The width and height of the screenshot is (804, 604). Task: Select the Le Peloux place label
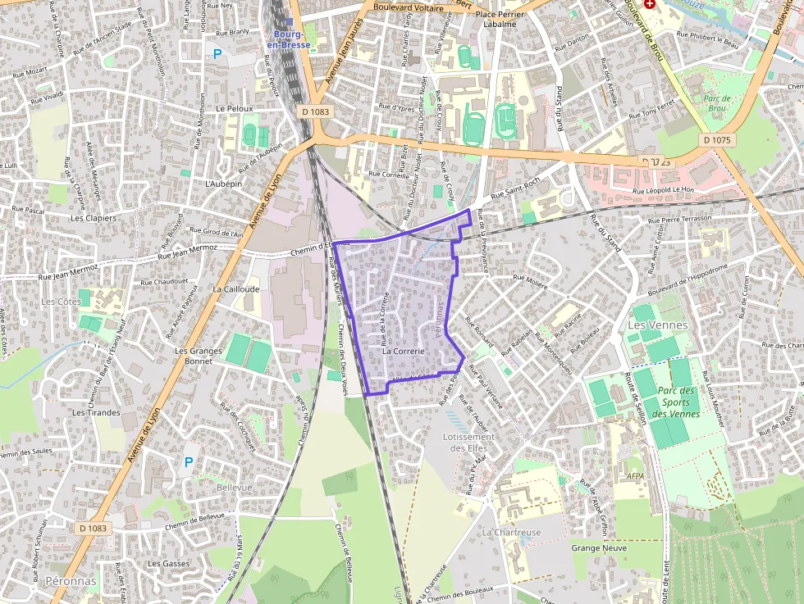point(235,108)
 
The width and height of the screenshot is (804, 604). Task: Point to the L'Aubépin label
point(223,184)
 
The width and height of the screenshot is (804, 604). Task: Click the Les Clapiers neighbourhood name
point(94,219)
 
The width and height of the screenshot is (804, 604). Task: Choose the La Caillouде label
point(235,289)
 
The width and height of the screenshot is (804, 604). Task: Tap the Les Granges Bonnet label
point(199,356)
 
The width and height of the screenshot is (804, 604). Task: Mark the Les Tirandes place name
point(96,412)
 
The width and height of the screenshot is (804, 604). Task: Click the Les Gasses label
point(168,564)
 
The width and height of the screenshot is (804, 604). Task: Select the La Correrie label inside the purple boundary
point(404,351)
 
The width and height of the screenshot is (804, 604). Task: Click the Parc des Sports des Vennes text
point(676,402)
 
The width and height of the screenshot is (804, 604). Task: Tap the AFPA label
point(635,475)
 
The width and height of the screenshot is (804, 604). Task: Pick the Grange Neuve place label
point(599,547)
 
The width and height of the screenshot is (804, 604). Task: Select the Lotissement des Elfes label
point(469,443)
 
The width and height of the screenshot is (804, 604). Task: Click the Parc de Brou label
point(717,103)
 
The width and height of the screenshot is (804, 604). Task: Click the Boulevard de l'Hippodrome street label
point(688,281)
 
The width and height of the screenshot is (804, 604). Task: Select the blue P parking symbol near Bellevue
point(189,462)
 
